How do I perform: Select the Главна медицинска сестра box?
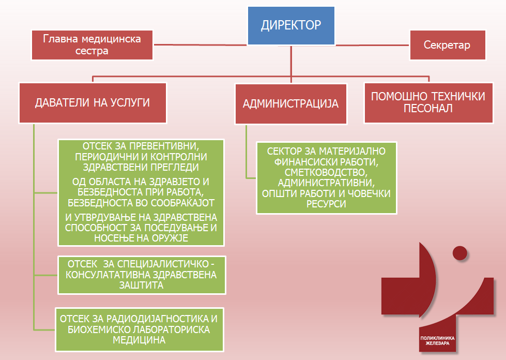click(x=92, y=45)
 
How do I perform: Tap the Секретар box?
click(x=447, y=45)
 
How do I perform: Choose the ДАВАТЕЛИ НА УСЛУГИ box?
click(x=93, y=102)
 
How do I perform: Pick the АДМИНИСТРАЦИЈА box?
click(x=290, y=103)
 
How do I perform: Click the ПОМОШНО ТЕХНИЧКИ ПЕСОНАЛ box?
click(x=428, y=102)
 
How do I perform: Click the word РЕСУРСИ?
click(x=326, y=204)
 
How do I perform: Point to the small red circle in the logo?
click(x=459, y=253)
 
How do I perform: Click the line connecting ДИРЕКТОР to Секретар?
click(x=372, y=44)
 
